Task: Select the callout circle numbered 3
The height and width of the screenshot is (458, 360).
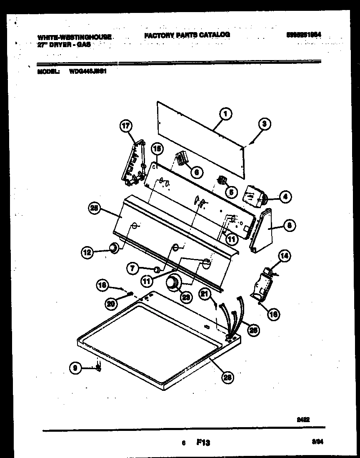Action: click(264, 123)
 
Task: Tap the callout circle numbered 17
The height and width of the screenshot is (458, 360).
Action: click(126, 125)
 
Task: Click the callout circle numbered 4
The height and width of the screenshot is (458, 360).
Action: click(285, 197)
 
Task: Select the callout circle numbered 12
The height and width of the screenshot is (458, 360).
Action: click(87, 252)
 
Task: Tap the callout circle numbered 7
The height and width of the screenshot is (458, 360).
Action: click(132, 269)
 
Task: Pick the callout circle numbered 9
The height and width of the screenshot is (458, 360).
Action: click(75, 367)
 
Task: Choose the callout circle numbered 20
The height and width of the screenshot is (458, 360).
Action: click(111, 304)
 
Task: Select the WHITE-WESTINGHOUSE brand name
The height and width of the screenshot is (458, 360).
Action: click(74, 38)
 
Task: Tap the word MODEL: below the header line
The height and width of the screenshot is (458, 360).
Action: click(48, 71)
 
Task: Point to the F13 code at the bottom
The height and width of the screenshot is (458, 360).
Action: click(203, 443)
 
